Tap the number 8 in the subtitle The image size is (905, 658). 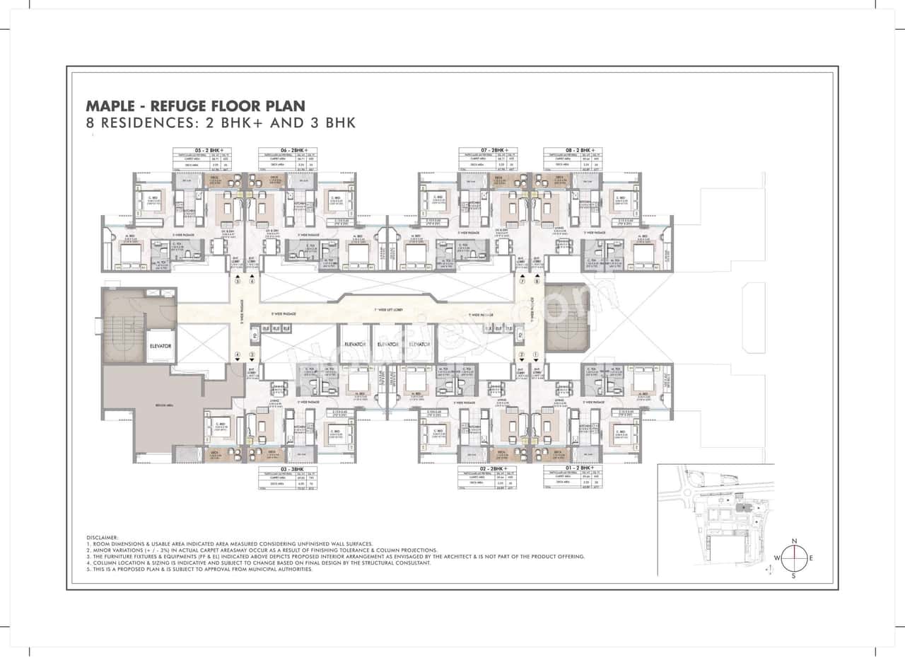pos(90,122)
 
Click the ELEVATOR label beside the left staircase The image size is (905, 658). pos(160,347)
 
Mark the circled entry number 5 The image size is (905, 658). pos(238,281)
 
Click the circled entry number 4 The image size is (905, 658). pos(238,354)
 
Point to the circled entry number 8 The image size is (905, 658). pos(537,281)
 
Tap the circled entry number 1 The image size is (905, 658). pos(537,354)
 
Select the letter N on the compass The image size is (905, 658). pos(795,541)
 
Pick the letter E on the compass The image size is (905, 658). pos(811,558)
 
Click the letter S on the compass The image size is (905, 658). pos(794,575)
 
